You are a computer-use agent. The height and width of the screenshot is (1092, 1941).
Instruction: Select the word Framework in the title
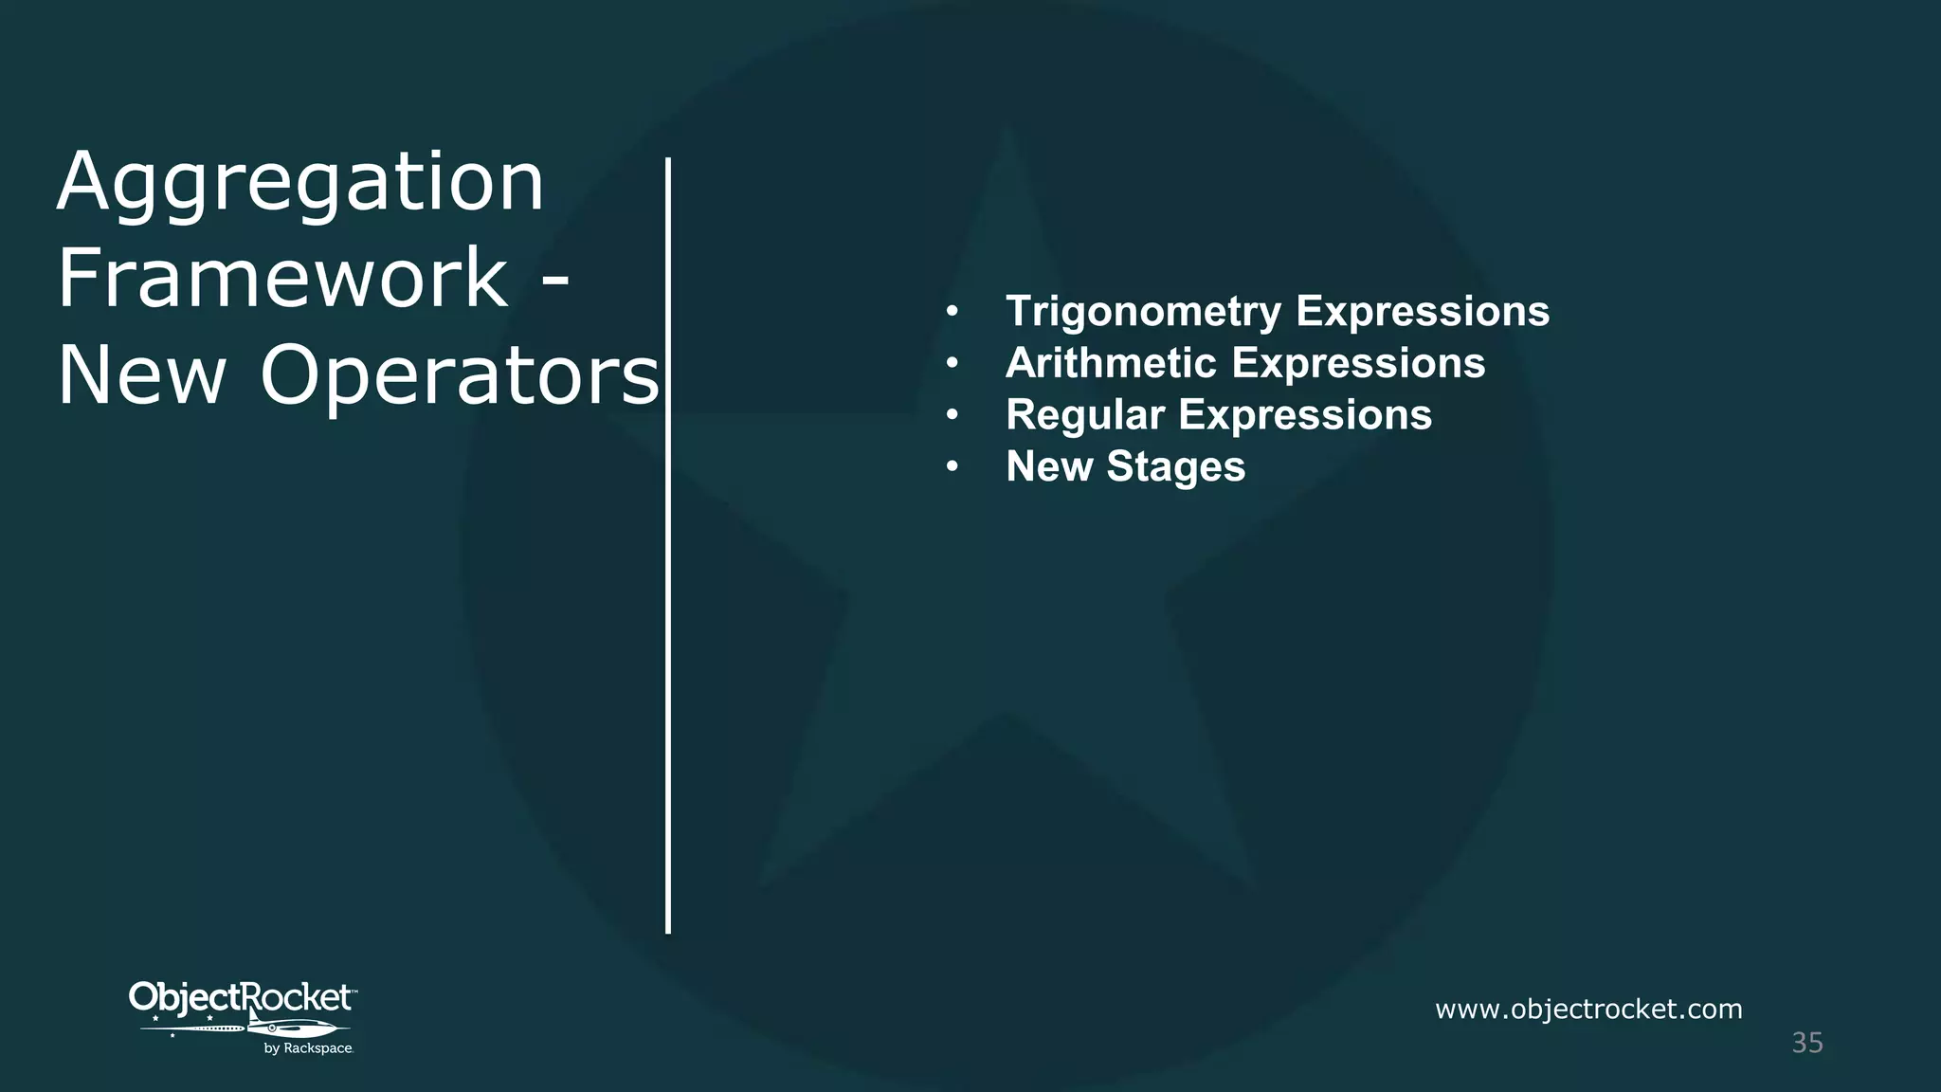click(283, 278)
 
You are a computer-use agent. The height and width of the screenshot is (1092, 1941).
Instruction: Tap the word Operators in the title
click(460, 375)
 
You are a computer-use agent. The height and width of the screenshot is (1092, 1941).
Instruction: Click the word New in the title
click(142, 375)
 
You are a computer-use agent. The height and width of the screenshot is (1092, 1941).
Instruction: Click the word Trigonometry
click(1143, 312)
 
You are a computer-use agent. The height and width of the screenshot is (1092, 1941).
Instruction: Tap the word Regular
click(1085, 415)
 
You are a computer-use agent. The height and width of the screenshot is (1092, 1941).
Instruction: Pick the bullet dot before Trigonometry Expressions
click(952, 311)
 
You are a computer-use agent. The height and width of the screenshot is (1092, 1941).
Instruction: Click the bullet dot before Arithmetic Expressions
click(952, 363)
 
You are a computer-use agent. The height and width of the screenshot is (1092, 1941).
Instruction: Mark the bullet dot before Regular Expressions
click(952, 415)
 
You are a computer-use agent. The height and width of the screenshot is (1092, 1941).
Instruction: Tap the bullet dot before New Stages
click(952, 466)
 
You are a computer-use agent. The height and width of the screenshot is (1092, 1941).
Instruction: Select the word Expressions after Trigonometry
click(1423, 312)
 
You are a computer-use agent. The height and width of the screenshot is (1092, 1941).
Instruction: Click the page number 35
click(1807, 1043)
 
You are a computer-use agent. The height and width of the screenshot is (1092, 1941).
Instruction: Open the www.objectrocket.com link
click(1588, 1009)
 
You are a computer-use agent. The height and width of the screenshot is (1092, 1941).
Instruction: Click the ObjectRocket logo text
click(241, 998)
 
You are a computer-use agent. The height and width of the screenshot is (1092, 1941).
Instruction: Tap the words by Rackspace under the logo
click(308, 1048)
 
